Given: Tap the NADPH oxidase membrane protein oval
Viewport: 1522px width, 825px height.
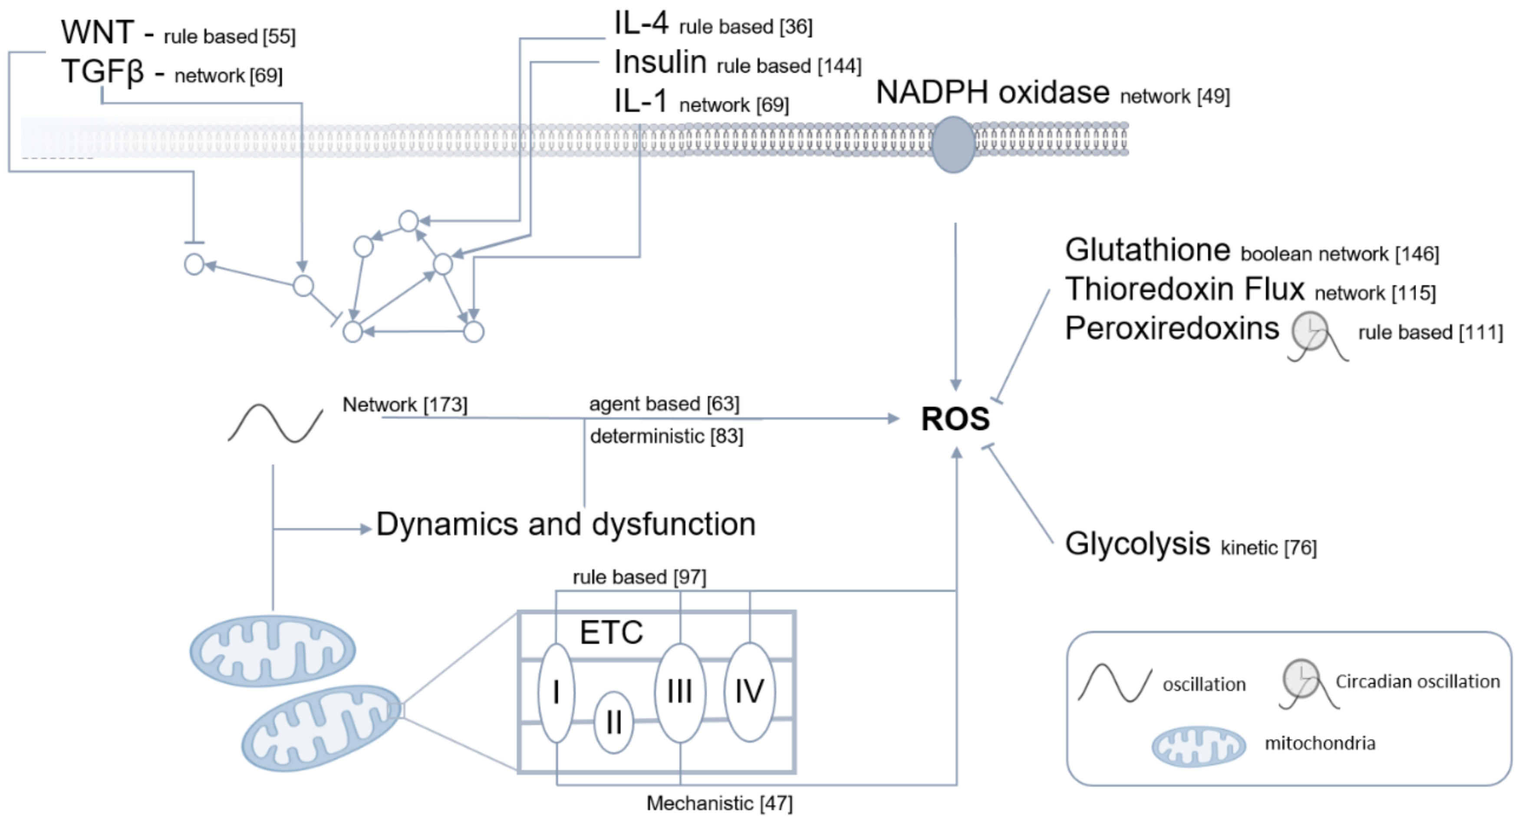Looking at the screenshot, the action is pyautogui.click(x=953, y=145).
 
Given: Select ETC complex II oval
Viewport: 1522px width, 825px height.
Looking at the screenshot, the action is pyautogui.click(x=613, y=722).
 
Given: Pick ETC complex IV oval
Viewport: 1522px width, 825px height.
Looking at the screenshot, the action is pyautogui.click(x=749, y=691).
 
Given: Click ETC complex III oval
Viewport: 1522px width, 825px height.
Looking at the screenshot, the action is pyautogui.click(x=680, y=692).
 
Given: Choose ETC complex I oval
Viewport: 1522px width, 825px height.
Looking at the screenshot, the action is pyautogui.click(x=556, y=693).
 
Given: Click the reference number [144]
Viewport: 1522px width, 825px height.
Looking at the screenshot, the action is pyautogui.click(x=839, y=66).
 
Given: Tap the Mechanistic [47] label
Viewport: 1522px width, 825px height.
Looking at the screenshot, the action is pyautogui.click(x=719, y=803).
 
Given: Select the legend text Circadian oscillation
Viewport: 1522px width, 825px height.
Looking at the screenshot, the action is pyautogui.click(x=1417, y=682).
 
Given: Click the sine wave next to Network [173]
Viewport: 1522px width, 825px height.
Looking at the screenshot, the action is pyautogui.click(x=275, y=423).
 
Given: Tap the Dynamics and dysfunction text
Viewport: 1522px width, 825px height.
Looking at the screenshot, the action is pyautogui.click(x=566, y=524).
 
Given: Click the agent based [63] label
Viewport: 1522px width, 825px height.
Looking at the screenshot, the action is pyautogui.click(x=664, y=404).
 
